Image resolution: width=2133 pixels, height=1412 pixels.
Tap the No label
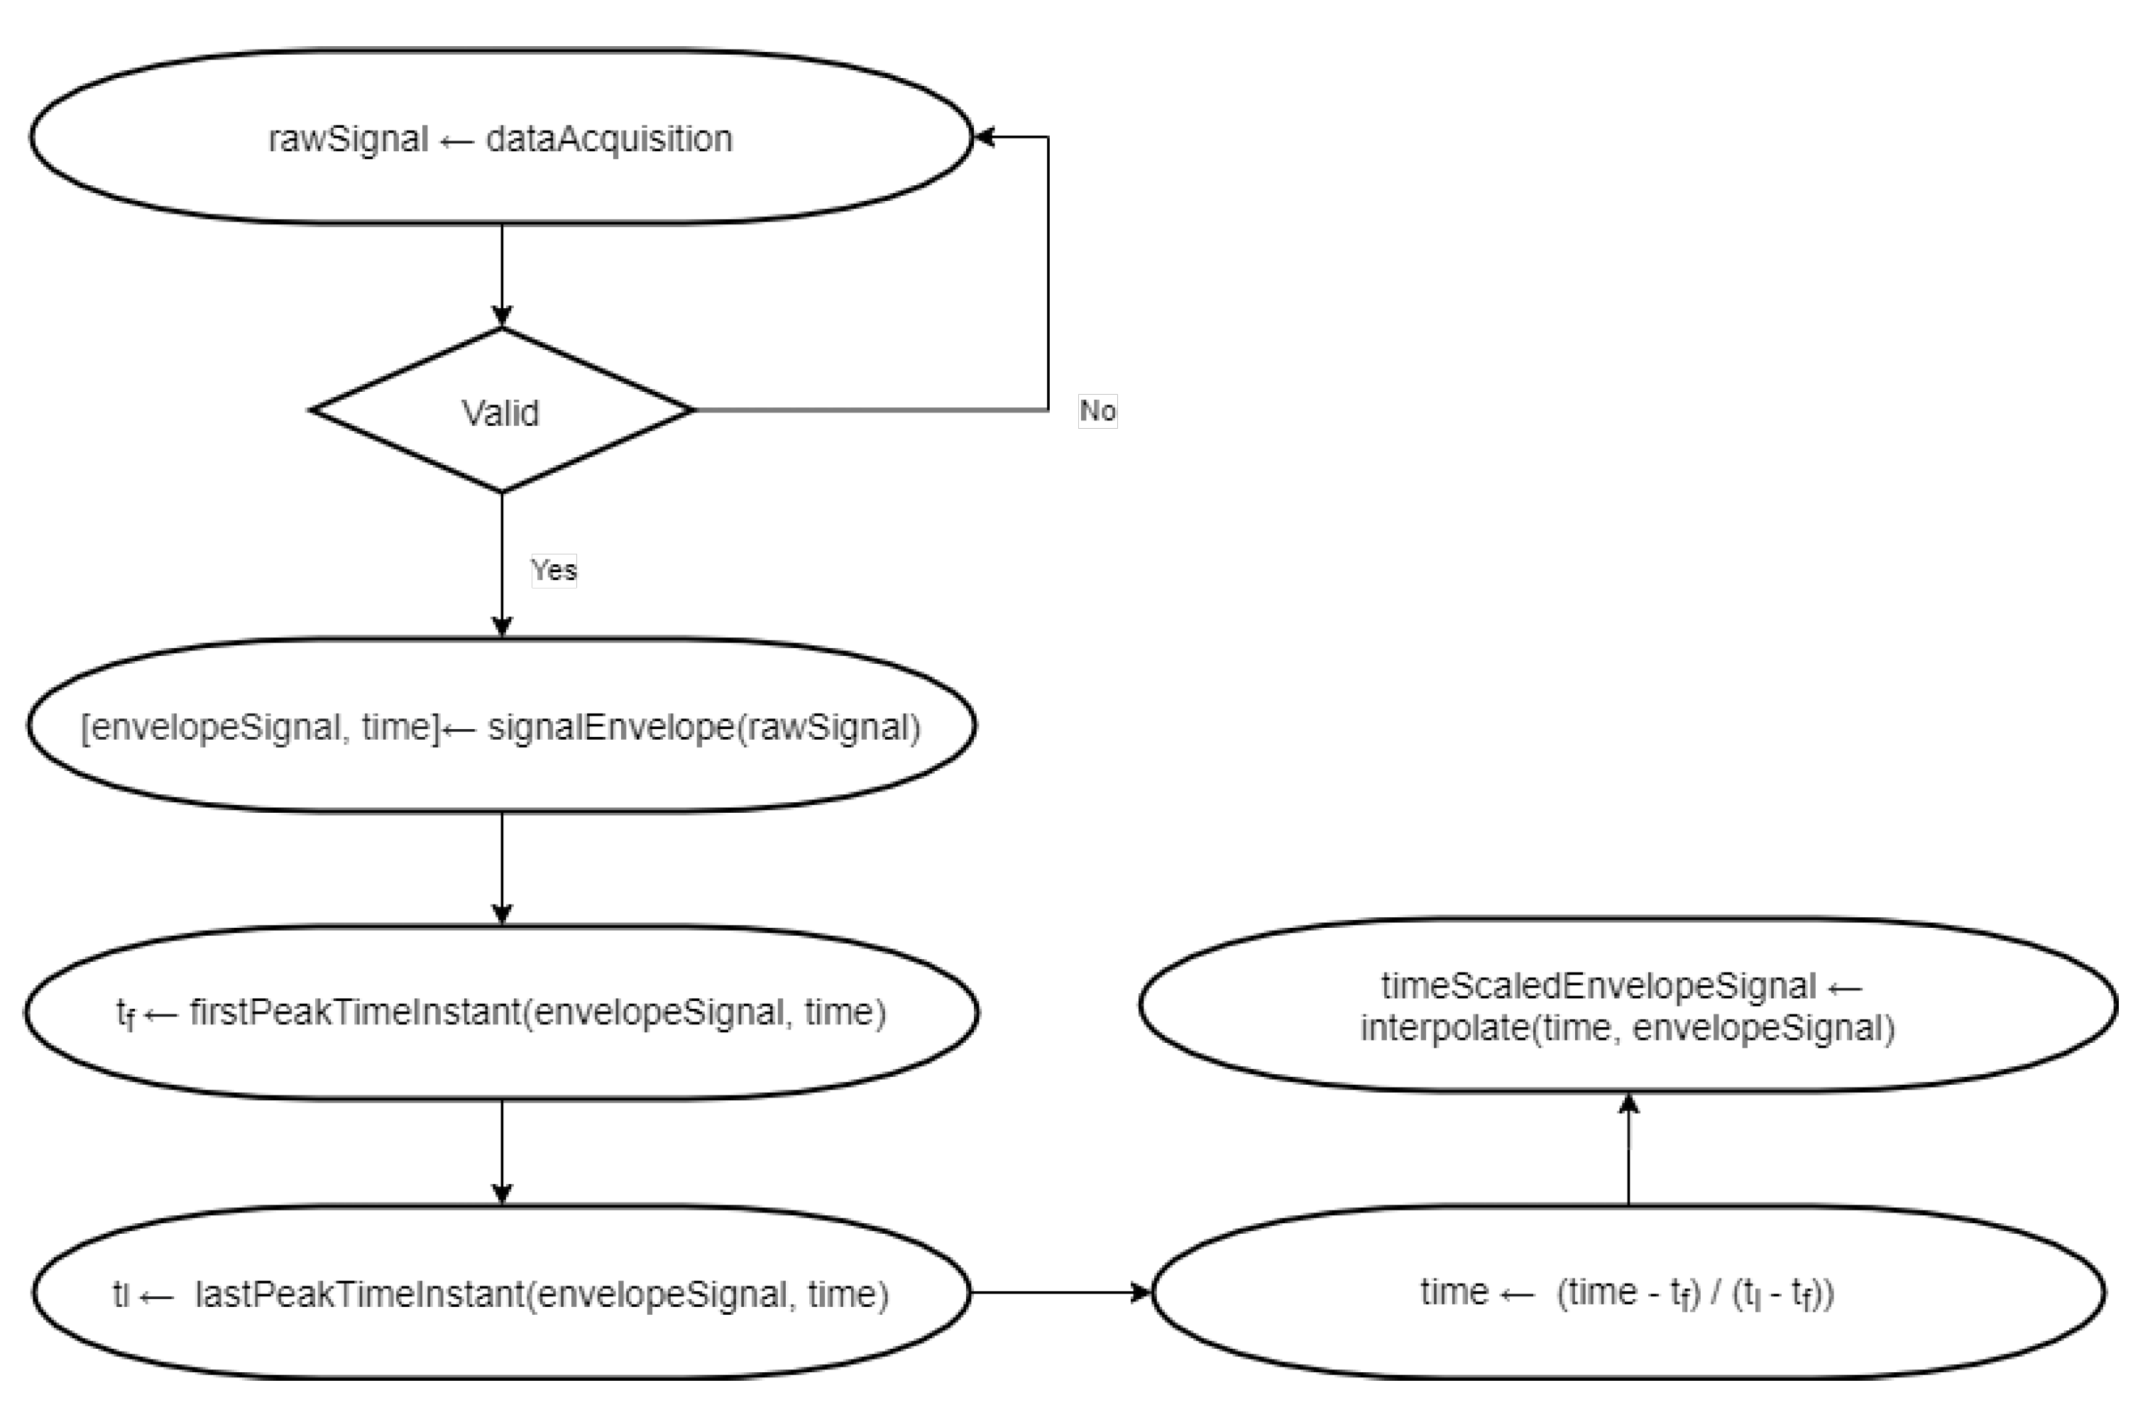coord(1097,410)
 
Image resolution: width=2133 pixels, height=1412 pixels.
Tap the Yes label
coord(553,570)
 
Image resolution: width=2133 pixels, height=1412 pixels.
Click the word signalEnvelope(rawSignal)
coord(704,727)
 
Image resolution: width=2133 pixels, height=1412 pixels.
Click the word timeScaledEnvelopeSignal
coord(1599,986)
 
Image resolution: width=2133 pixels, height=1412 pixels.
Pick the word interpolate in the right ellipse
coord(1444,1027)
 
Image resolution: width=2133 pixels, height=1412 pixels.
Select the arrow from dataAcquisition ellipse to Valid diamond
coord(502,275)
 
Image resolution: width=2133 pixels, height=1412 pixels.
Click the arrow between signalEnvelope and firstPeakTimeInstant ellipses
coord(502,868)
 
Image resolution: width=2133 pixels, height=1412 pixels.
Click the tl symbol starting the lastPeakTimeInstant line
coord(121,1294)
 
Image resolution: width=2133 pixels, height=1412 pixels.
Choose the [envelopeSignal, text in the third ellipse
coord(212,727)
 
